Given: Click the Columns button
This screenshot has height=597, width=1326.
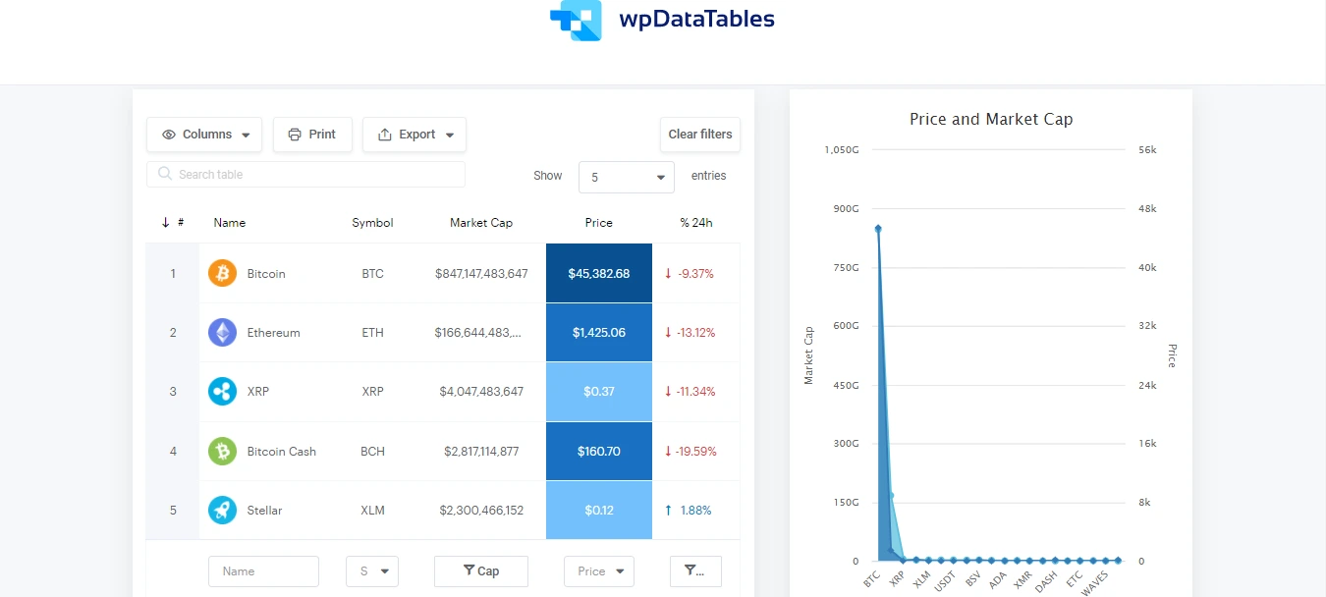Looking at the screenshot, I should [204, 135].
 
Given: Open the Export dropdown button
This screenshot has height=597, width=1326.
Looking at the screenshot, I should [414, 135].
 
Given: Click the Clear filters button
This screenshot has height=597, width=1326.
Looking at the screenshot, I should [699, 135].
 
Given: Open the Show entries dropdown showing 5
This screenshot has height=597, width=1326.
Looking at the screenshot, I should [626, 178].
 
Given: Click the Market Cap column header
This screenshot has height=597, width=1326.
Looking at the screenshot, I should [481, 223].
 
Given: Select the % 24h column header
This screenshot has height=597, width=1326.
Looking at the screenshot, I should [695, 223].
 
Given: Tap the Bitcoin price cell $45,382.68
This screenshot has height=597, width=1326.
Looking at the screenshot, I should [598, 274].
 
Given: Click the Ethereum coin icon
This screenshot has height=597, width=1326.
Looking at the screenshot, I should [223, 333].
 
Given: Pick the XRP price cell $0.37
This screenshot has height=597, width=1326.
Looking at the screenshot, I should [598, 392].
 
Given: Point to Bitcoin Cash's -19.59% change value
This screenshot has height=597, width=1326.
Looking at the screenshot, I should [696, 452].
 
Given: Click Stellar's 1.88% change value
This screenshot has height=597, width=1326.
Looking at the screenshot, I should [694, 511].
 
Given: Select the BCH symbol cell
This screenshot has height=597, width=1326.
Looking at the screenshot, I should [372, 452].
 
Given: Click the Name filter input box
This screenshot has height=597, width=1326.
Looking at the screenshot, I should [263, 571].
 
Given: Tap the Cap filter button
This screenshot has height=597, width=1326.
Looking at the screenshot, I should [480, 571].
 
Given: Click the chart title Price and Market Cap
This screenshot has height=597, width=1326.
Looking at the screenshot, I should [990, 120].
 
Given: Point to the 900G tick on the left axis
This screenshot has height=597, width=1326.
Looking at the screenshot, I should [846, 209].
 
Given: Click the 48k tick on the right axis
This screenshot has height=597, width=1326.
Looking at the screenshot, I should [1147, 209].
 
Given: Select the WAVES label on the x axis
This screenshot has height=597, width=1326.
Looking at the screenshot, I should [1095, 581].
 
